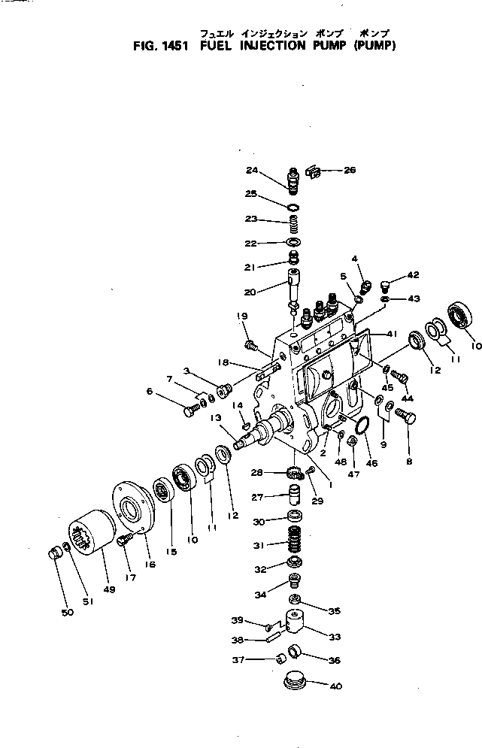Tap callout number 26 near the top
tap(350, 170)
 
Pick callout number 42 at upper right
tap(413, 275)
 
